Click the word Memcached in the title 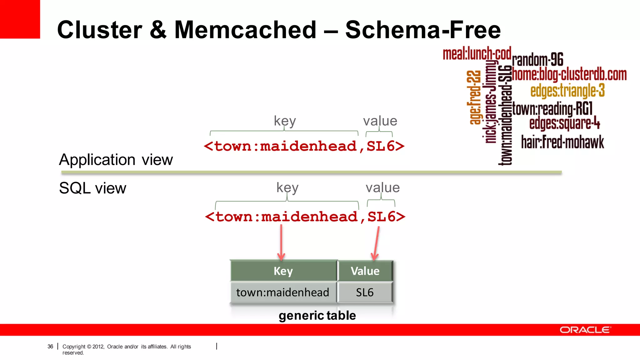pyautogui.click(x=245, y=30)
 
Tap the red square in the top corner pyautogui.click(x=20, y=19)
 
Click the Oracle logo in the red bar pyautogui.click(x=585, y=330)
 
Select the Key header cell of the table pyautogui.click(x=283, y=271)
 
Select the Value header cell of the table pyautogui.click(x=365, y=271)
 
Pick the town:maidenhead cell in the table pyautogui.click(x=283, y=292)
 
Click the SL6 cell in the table pyautogui.click(x=365, y=292)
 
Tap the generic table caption pyautogui.click(x=317, y=315)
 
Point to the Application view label pyautogui.click(x=116, y=160)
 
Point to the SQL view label pyautogui.click(x=92, y=188)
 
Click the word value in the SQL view pyautogui.click(x=382, y=188)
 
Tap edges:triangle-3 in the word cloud pyautogui.click(x=567, y=91)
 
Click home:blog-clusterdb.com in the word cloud pyautogui.click(x=569, y=75)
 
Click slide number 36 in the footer pyautogui.click(x=50, y=346)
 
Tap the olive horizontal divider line pyautogui.click(x=311, y=172)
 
